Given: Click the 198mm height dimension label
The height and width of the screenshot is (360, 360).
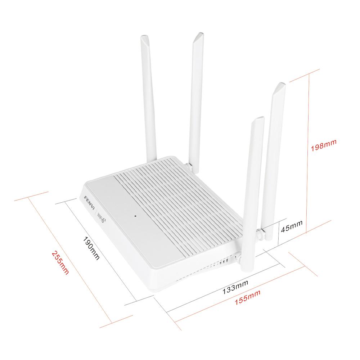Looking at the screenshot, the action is [x=324, y=145].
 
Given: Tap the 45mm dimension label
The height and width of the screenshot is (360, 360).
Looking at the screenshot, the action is [x=292, y=226].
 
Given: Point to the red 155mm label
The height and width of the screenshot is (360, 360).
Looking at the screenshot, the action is [x=247, y=297].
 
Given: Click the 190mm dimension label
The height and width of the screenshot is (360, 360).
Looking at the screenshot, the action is [x=91, y=248].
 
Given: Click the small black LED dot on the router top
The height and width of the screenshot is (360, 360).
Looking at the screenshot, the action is [x=135, y=216].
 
